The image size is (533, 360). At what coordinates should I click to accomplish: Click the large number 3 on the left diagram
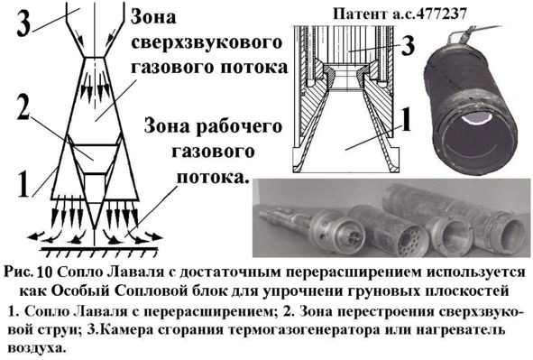(23, 23)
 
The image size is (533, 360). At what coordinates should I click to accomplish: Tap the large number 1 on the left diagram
(23, 183)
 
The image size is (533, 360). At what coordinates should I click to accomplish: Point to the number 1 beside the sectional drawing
(407, 119)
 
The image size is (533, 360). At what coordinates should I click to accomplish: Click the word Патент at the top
(359, 14)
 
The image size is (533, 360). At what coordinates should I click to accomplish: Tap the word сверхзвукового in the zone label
(207, 42)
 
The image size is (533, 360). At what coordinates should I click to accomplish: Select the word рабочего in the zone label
(240, 127)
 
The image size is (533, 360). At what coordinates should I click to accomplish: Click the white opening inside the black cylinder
(476, 118)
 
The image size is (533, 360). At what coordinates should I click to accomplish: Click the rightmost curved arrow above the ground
(154, 235)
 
